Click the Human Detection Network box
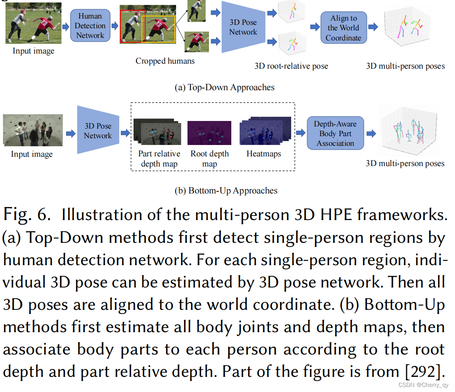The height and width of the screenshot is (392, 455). (x=90, y=26)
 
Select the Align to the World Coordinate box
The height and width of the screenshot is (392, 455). (x=343, y=28)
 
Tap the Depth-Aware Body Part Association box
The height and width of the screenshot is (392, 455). (x=335, y=133)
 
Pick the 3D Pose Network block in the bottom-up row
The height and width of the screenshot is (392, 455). (x=98, y=130)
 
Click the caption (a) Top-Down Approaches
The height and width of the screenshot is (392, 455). (x=225, y=87)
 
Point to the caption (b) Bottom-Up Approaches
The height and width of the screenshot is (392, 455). (x=226, y=191)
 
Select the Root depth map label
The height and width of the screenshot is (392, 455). (x=209, y=158)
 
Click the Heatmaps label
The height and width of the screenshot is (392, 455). (x=264, y=154)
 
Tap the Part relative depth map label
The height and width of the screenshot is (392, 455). (x=159, y=158)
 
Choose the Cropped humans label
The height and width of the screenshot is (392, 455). (x=165, y=61)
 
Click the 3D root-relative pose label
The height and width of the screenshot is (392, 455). (x=291, y=66)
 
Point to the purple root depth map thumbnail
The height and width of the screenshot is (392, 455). (x=209, y=132)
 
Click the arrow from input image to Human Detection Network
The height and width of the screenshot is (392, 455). (x=66, y=27)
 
